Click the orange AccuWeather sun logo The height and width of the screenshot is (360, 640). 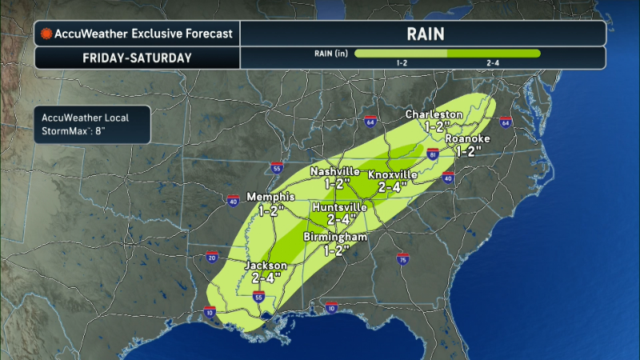tap(47, 34)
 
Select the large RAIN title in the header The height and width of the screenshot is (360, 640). tap(422, 34)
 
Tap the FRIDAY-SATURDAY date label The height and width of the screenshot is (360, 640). tap(137, 58)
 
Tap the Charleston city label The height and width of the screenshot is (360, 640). tap(434, 114)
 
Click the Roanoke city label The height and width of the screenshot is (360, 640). tap(472, 138)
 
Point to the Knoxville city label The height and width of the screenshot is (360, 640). tap(394, 174)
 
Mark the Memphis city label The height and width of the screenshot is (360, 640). tap(272, 198)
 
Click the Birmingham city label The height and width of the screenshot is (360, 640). tap(335, 238)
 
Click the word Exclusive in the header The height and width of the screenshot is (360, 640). tap(157, 34)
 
